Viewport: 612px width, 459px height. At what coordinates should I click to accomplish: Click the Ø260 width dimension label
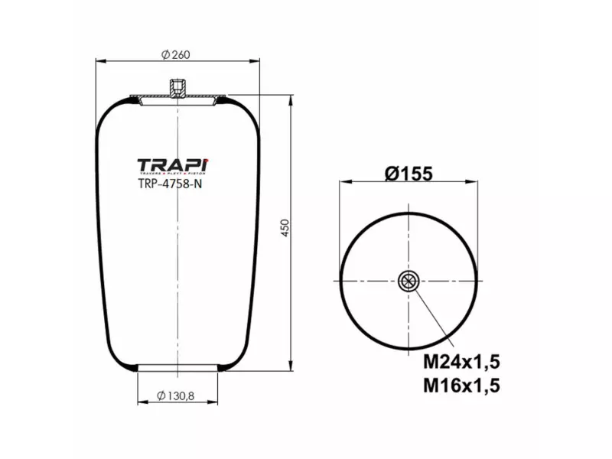tap(176, 54)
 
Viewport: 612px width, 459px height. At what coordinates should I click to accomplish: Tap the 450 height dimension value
tap(285, 228)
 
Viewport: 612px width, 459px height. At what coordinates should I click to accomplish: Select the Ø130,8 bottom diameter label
tap(176, 395)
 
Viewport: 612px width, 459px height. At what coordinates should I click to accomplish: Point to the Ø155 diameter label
tap(409, 174)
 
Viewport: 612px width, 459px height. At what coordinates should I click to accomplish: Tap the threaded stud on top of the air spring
tap(177, 87)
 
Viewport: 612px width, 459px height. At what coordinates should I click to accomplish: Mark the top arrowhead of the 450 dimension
tap(291, 99)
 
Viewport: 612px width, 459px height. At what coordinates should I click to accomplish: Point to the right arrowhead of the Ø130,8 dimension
tap(213, 402)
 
